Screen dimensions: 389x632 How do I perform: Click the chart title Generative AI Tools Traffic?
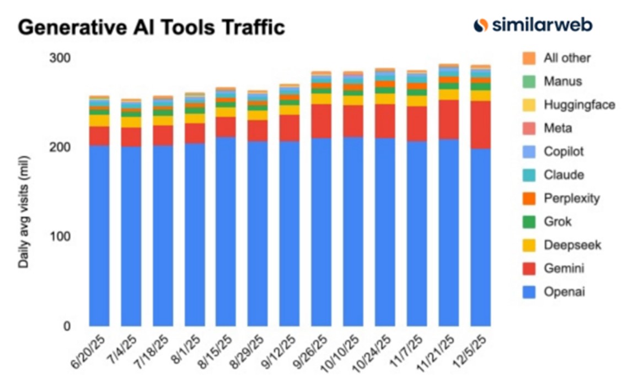click(151, 26)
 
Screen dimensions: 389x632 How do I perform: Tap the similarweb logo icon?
click(481, 25)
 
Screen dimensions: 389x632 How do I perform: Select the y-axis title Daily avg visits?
click(24, 212)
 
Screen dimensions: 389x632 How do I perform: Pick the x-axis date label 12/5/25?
click(475, 353)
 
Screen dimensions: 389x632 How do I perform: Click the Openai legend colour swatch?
click(529, 292)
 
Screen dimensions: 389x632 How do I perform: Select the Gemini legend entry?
click(563, 269)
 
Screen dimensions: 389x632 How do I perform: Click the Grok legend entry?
click(557, 222)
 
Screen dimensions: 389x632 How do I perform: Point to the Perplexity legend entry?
click(571, 198)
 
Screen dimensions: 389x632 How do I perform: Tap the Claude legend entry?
click(563, 175)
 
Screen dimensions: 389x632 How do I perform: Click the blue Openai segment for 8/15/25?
click(226, 232)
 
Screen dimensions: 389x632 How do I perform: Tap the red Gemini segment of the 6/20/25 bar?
click(99, 136)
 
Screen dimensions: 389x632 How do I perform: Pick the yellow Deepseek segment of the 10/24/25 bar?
click(385, 99)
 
